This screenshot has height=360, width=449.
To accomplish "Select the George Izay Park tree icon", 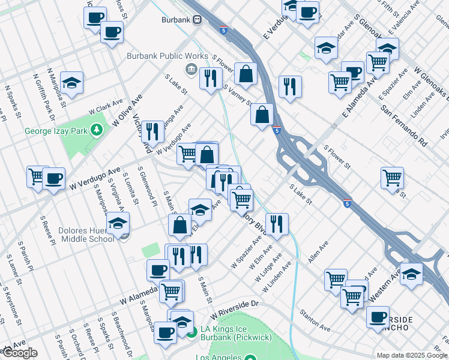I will [x=95, y=131].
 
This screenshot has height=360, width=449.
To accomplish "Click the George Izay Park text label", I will [x=56, y=131].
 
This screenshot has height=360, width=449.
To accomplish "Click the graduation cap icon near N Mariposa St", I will [x=71, y=85].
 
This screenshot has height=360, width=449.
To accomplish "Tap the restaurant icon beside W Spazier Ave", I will [x=277, y=224].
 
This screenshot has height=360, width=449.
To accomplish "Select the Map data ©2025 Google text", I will [x=411, y=355].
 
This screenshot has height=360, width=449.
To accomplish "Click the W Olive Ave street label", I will [x=127, y=109].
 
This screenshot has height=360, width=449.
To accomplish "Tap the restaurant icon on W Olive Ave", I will [x=152, y=131].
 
